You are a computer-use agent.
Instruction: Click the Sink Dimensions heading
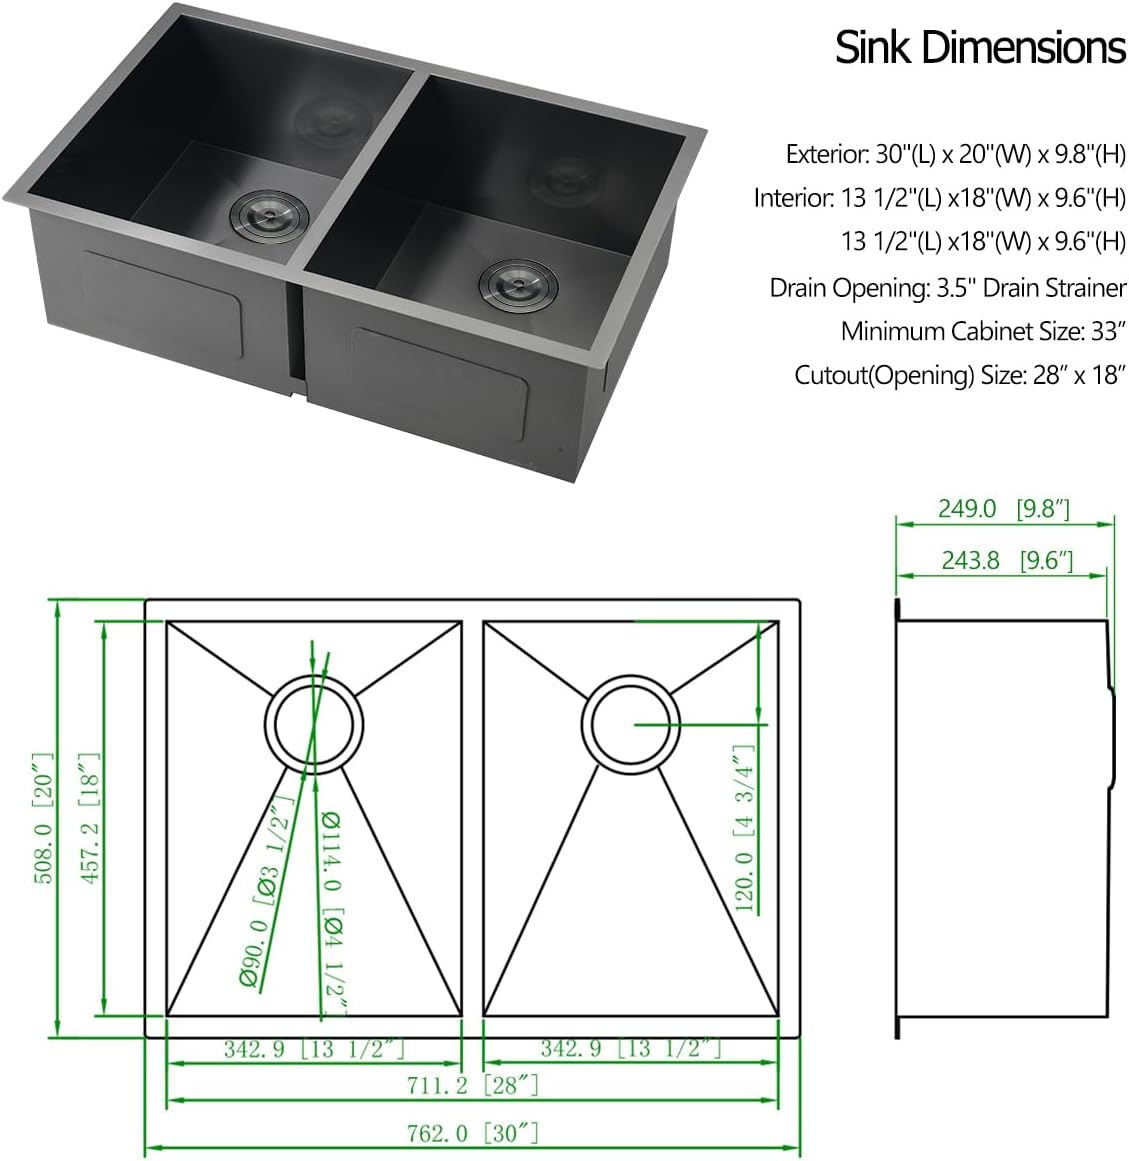[980, 48]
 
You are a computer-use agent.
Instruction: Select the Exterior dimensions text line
[955, 154]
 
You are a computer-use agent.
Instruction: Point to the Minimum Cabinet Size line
[983, 330]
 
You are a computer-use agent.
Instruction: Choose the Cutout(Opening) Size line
[960, 375]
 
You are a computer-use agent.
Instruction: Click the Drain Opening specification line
[947, 288]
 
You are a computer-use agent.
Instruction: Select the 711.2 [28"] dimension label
[474, 1085]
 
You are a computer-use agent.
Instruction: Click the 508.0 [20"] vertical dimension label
[41, 818]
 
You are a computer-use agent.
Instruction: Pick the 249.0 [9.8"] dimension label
[1003, 508]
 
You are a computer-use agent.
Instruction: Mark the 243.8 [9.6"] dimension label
[1006, 560]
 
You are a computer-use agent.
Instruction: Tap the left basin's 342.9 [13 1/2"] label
[313, 1049]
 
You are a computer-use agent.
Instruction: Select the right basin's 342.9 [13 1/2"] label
[630, 1049]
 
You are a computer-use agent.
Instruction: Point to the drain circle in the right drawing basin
[631, 723]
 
